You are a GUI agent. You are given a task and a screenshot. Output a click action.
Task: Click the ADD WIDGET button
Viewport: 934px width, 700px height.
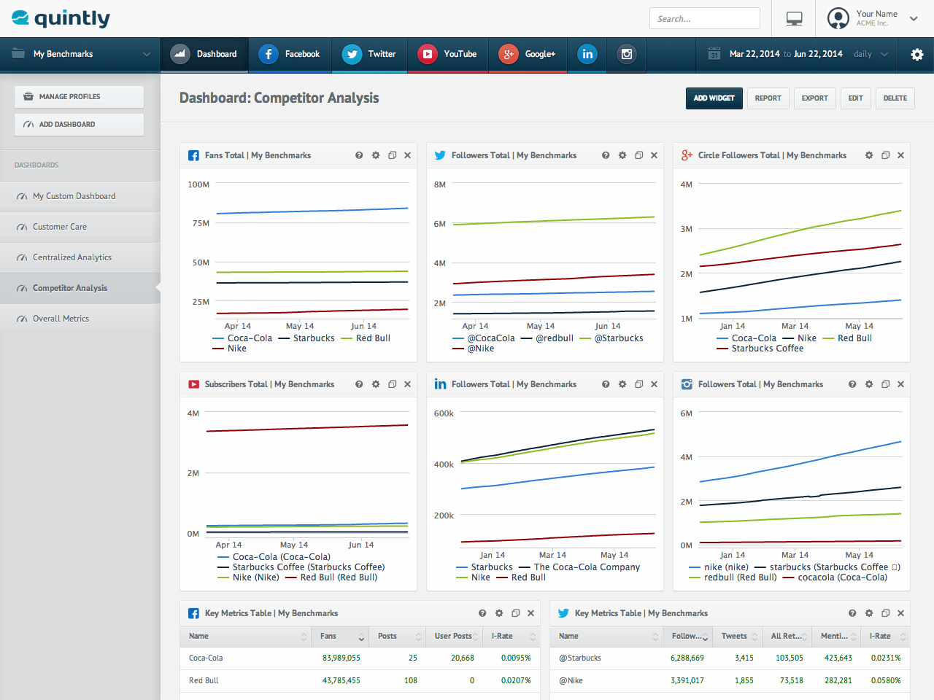pyautogui.click(x=714, y=98)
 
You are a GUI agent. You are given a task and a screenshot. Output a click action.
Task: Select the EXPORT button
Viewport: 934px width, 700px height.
pyautogui.click(x=814, y=98)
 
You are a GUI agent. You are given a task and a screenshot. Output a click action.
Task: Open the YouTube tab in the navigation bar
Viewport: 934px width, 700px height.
pyautogui.click(x=447, y=54)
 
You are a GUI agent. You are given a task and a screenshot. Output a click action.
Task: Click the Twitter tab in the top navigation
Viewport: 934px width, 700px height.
pyautogui.click(x=369, y=54)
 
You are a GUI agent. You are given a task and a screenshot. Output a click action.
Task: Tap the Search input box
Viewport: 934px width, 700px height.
pyautogui.click(x=705, y=19)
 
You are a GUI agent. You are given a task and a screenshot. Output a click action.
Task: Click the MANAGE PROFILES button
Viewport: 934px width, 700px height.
pyautogui.click(x=79, y=97)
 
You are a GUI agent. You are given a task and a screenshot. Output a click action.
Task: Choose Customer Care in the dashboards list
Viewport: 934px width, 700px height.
pyautogui.click(x=60, y=227)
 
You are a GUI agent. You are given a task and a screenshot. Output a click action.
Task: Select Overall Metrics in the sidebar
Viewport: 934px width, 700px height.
pyautogui.click(x=61, y=319)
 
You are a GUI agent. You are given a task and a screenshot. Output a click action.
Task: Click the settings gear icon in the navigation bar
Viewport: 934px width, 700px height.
pyautogui.click(x=916, y=55)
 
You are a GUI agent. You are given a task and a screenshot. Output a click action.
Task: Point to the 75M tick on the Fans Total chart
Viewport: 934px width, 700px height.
pyautogui.click(x=201, y=223)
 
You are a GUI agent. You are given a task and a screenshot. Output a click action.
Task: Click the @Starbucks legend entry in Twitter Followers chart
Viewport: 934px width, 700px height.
pyautogui.click(x=611, y=338)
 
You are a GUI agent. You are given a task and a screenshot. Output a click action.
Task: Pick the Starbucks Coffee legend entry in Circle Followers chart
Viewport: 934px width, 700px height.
pyautogui.click(x=760, y=349)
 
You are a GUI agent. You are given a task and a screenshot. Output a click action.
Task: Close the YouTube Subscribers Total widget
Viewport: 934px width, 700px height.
pyautogui.click(x=408, y=384)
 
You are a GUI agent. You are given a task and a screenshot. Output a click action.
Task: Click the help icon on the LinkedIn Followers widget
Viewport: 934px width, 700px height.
pyautogui.click(x=606, y=384)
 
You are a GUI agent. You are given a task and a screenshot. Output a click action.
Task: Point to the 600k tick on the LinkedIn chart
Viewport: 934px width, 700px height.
pyautogui.click(x=444, y=413)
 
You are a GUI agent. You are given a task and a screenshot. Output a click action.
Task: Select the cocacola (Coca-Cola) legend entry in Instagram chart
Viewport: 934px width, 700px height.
pyautogui.click(x=835, y=577)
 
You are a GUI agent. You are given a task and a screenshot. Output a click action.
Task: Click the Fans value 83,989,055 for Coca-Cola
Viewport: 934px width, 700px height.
pyautogui.click(x=341, y=658)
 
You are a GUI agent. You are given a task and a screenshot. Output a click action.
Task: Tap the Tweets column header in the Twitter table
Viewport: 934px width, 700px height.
pyautogui.click(x=734, y=637)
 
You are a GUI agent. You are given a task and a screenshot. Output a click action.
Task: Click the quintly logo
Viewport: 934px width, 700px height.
pyautogui.click(x=61, y=18)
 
